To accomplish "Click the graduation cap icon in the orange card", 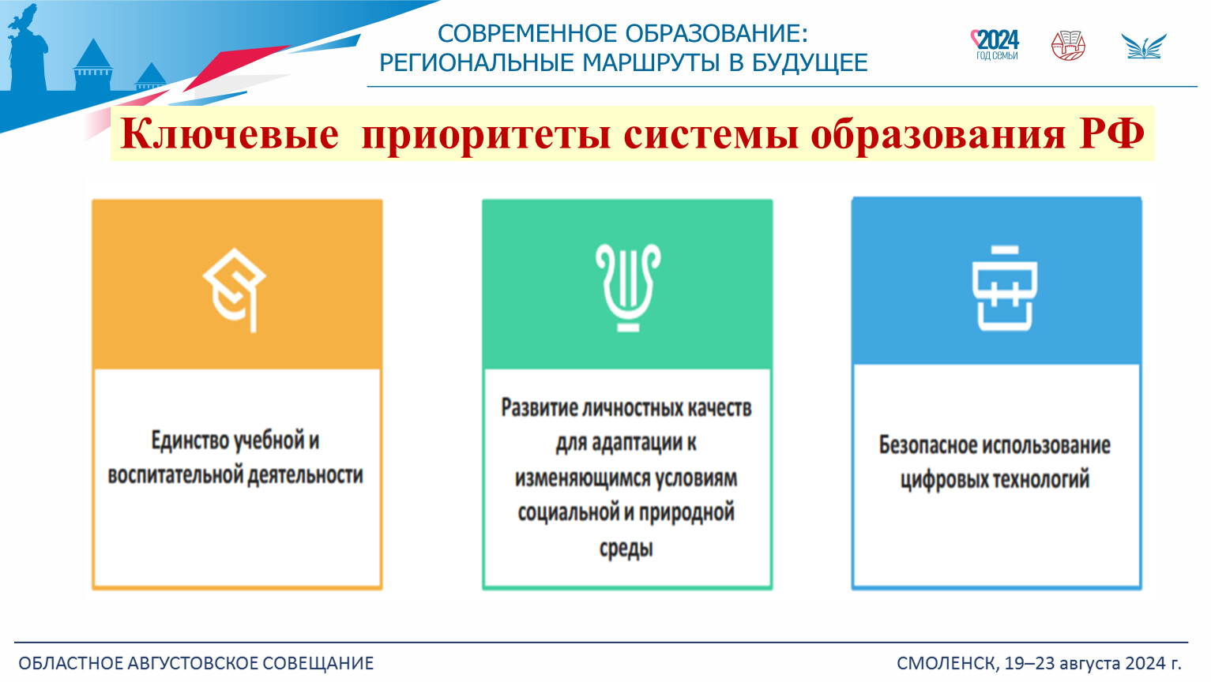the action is pos(234,290).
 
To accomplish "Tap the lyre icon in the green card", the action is pos(628,287).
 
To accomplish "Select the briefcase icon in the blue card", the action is pos(1005,288).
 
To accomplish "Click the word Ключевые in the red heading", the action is pos(229,133).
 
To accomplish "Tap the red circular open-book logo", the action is pos(1068,45).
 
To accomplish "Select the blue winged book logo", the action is pos(1144,46).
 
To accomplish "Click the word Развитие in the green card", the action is pos(538,408).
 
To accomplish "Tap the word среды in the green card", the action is pos(626,548).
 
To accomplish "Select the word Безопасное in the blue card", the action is pos(927,444).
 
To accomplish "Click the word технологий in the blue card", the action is pos(1042,479).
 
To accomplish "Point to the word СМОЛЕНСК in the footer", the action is pos(947,663).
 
